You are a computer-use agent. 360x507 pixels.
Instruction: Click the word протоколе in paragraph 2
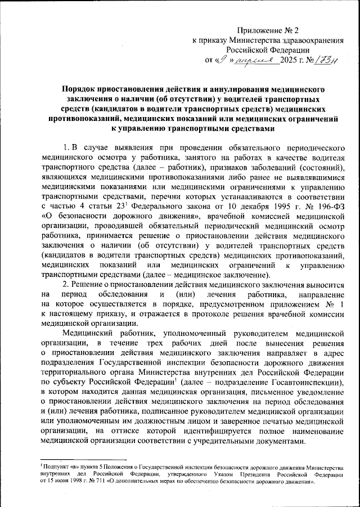218,315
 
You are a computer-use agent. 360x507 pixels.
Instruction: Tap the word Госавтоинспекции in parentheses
309,384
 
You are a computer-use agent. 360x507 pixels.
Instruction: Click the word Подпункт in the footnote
56,468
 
